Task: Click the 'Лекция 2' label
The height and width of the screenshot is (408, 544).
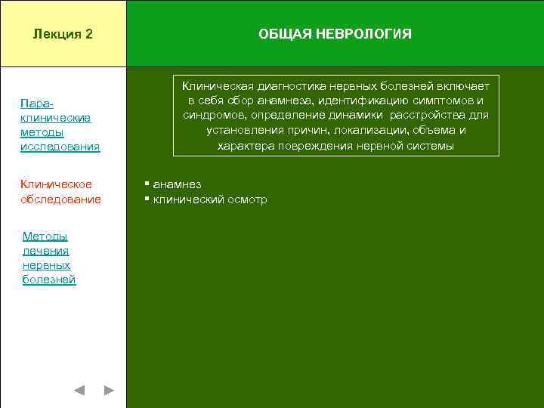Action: pyautogui.click(x=63, y=34)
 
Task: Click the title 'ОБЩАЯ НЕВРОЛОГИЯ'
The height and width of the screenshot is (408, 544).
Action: pyautogui.click(x=335, y=34)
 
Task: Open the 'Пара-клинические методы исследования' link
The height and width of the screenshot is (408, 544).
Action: pyautogui.click(x=60, y=125)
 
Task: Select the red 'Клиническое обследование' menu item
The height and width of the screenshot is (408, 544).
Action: pyautogui.click(x=60, y=192)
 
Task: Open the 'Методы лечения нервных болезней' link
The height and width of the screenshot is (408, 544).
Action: pyautogui.click(x=49, y=258)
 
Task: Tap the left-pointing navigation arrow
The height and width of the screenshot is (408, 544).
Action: pyautogui.click(x=79, y=391)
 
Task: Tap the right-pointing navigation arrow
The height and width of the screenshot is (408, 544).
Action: pyautogui.click(x=109, y=391)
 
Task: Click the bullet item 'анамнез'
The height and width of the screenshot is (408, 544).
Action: pyautogui.click(x=177, y=184)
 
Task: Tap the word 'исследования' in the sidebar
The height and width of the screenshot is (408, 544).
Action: pyautogui.click(x=60, y=147)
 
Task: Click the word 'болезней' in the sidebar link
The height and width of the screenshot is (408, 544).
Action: pyautogui.click(x=49, y=280)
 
